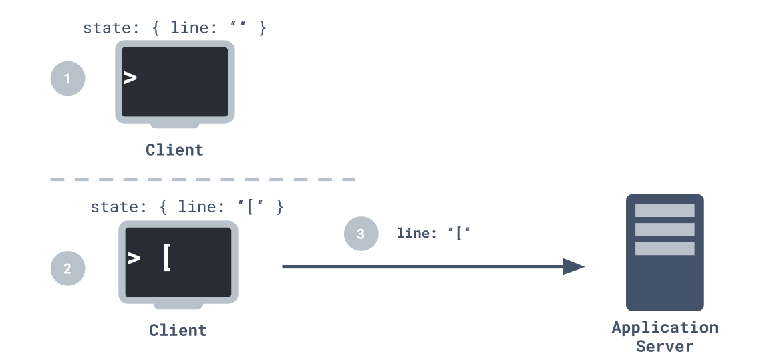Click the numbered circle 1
coord(67,79)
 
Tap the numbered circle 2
coord(67,269)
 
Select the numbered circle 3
coord(361,234)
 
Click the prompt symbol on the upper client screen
coord(130,78)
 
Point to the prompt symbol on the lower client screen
coord(134,258)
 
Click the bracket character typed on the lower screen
coord(167,258)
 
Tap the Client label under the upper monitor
coord(175,150)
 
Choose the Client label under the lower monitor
coord(178,330)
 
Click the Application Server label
coord(665,337)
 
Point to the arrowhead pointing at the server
coord(575,267)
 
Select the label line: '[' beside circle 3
coord(434,234)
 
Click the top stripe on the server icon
coord(665,210)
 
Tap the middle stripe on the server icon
coord(665,230)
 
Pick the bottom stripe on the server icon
coord(665,248)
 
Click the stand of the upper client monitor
coord(175,125)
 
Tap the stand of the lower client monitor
coord(178,306)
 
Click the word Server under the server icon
coord(665,347)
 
